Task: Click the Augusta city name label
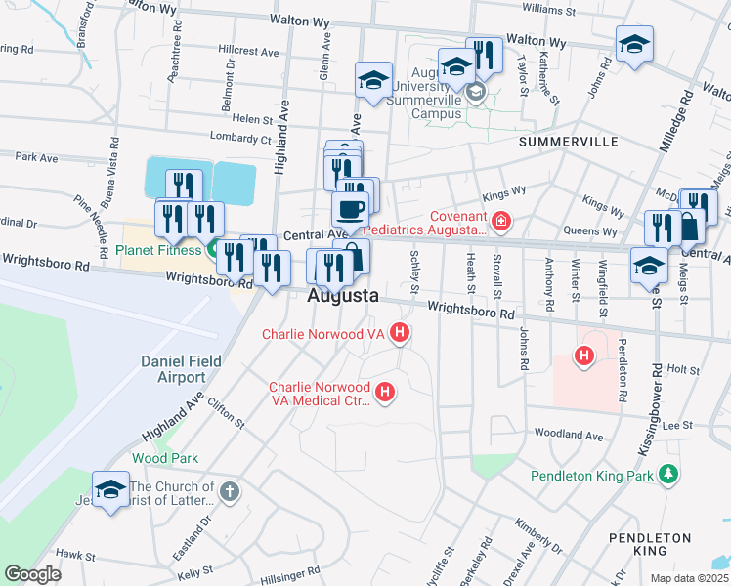pyautogui.click(x=343, y=295)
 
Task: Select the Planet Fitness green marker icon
pyautogui.click(x=213, y=249)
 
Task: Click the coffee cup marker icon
pyautogui.click(x=351, y=208)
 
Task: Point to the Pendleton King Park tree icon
pyautogui.click(x=668, y=476)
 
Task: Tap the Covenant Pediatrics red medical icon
pyautogui.click(x=501, y=222)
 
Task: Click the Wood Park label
pyautogui.click(x=165, y=458)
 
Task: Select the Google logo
pyautogui.click(x=32, y=574)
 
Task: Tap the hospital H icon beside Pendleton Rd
pyautogui.click(x=584, y=357)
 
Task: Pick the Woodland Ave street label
pyautogui.click(x=568, y=435)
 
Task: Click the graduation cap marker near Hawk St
pyautogui.click(x=110, y=489)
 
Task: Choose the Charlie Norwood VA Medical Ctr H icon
pyautogui.click(x=385, y=394)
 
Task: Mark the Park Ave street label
pyautogui.click(x=36, y=156)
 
